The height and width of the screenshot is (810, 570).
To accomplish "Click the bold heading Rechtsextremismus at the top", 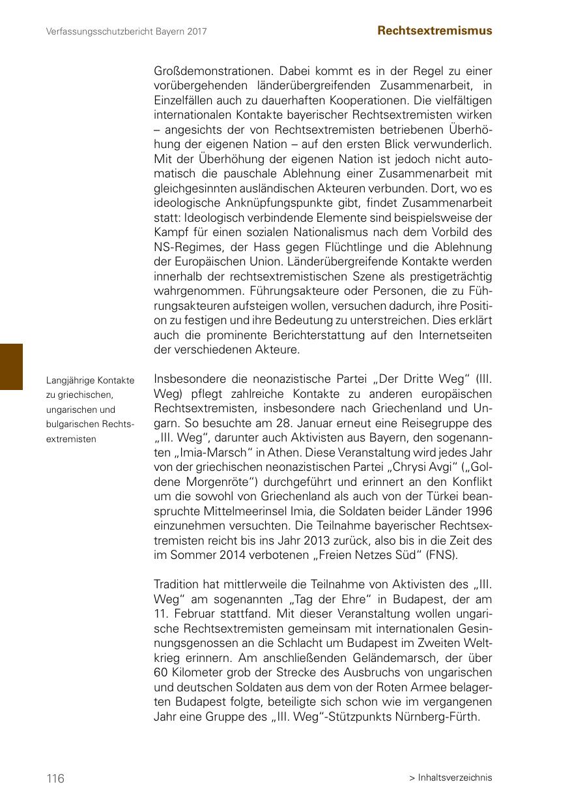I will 435,31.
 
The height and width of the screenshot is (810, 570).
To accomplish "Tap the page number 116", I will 55,778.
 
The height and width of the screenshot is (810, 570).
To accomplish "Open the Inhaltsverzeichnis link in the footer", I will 455,777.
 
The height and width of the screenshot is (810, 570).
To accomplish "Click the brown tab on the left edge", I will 11,367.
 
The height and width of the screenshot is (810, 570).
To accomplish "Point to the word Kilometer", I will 196,672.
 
